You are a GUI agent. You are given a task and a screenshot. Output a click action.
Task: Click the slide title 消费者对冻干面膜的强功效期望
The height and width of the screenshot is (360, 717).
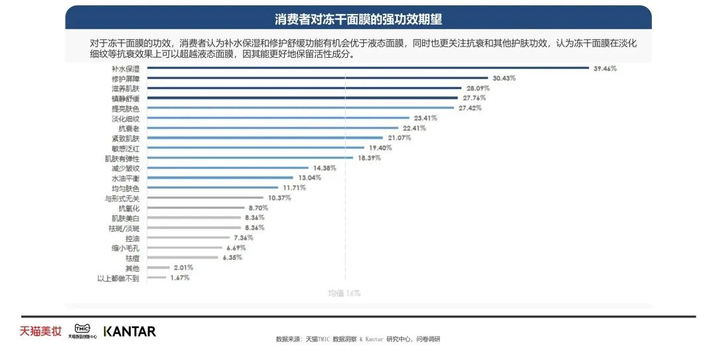pos(358,19)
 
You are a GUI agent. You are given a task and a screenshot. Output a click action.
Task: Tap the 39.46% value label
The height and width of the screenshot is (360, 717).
pos(605,68)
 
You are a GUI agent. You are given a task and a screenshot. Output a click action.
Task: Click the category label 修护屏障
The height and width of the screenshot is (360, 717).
pos(125,78)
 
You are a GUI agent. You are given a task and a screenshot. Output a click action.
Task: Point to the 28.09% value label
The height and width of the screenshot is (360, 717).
pos(476,88)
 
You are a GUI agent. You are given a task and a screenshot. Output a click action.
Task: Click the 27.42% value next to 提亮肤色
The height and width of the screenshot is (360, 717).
pos(469,108)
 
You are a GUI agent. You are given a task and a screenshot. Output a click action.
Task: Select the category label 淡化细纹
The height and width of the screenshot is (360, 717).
pos(125,118)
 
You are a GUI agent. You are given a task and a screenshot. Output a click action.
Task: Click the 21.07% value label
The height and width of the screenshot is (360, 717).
pos(400,138)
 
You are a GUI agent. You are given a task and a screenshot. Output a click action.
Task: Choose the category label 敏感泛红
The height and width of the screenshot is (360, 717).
pos(125,148)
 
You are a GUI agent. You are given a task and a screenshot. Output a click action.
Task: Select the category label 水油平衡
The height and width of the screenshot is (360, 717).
pos(125,179)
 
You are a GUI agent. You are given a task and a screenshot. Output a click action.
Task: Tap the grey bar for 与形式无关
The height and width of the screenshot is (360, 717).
pos(206,198)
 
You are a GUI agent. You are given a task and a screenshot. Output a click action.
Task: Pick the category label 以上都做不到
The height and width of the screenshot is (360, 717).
pos(118,278)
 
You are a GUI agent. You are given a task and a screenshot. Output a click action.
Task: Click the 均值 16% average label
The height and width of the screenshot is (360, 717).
pos(345,293)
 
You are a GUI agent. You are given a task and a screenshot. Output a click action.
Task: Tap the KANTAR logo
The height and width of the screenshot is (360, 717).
pos(129,331)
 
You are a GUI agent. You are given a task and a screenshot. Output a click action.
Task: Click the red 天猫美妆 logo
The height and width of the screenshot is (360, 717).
pos(40,331)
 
